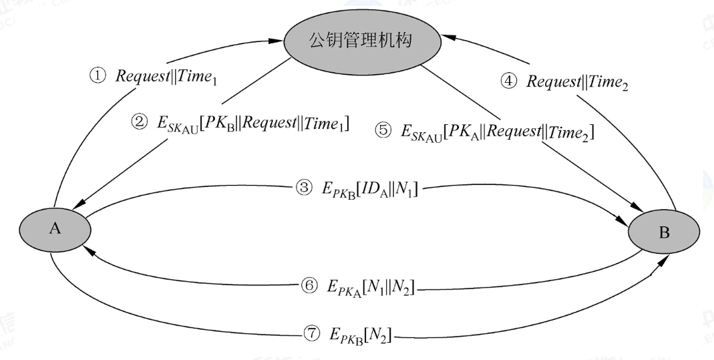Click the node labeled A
(x=55, y=228)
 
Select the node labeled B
(x=664, y=232)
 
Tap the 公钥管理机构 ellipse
(x=363, y=41)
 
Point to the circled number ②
(x=140, y=122)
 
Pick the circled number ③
(x=304, y=188)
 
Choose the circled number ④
(x=509, y=81)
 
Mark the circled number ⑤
(x=383, y=131)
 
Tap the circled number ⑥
(x=309, y=286)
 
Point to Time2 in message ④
(x=608, y=83)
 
